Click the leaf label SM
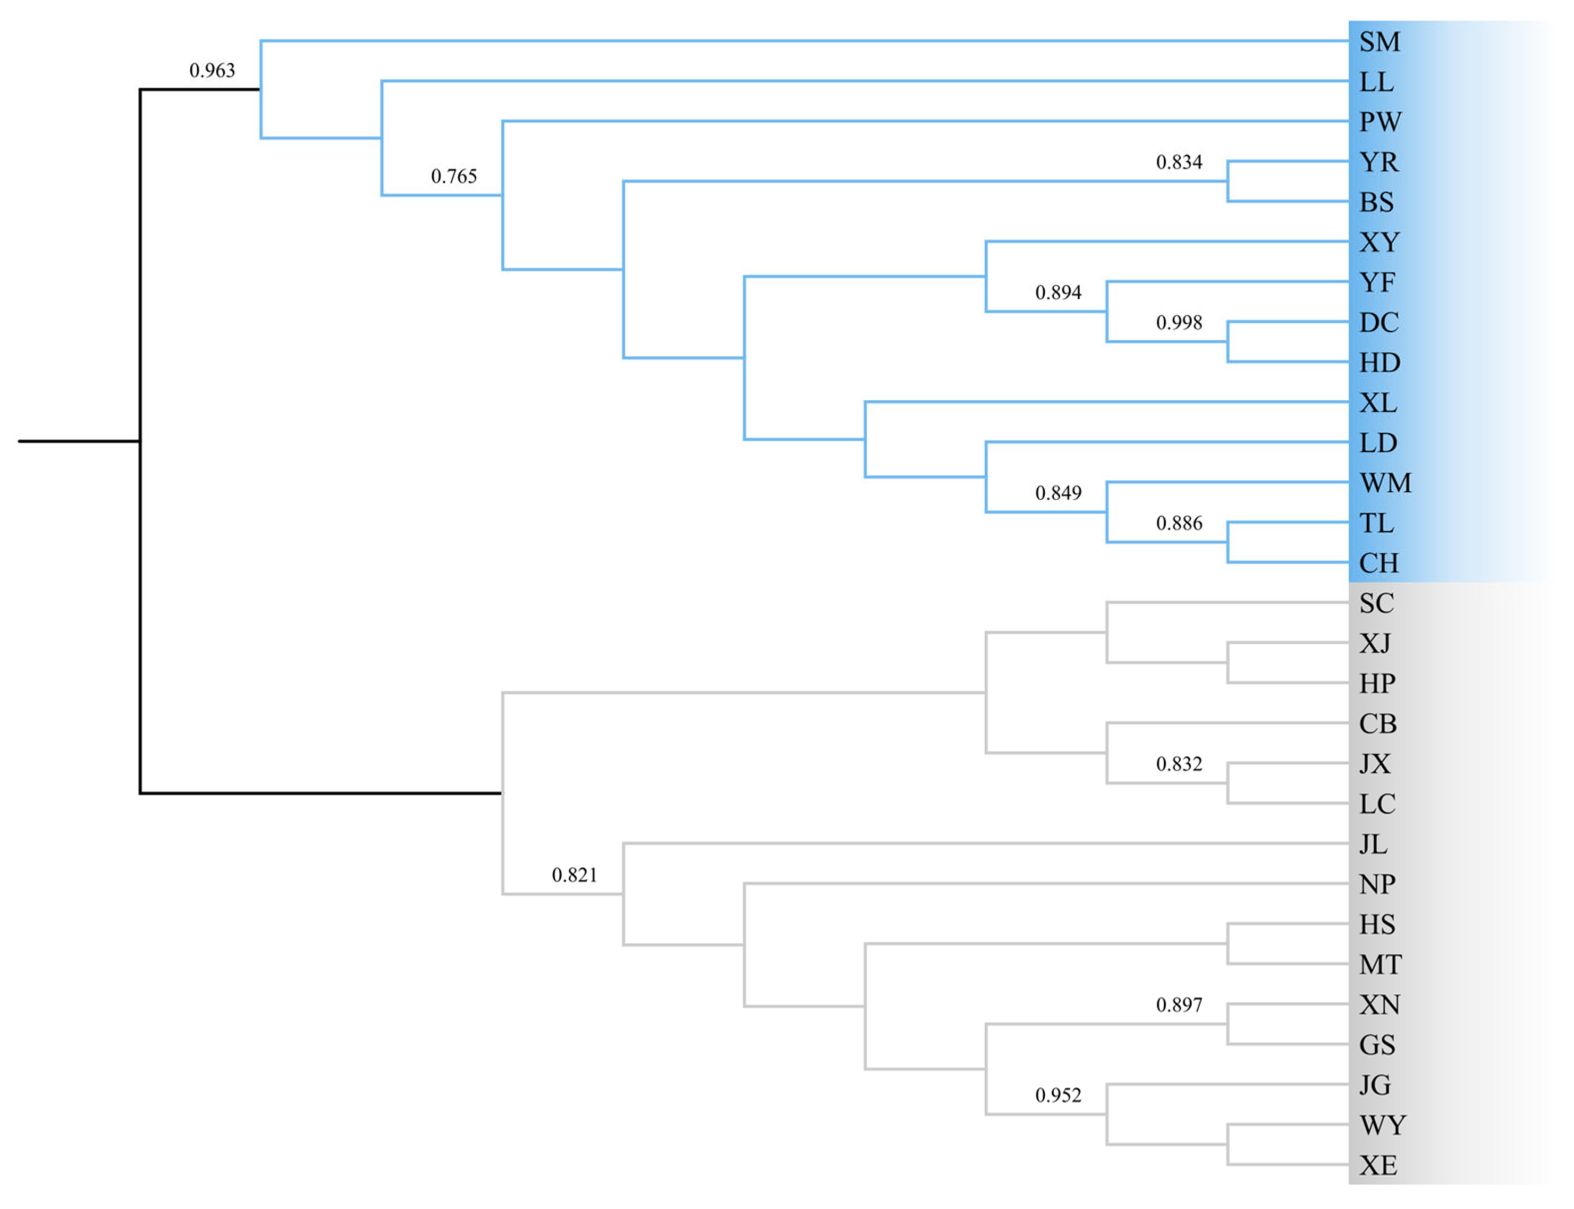click(1379, 42)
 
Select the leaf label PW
click(1379, 122)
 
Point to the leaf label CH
click(1377, 563)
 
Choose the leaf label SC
click(1375, 603)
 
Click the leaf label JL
click(1372, 843)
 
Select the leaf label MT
click(1379, 965)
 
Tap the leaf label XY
click(1379, 242)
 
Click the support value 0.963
click(211, 71)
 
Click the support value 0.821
click(574, 875)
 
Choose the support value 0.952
click(1058, 1095)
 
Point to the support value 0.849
click(1058, 493)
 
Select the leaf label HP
click(1376, 683)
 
